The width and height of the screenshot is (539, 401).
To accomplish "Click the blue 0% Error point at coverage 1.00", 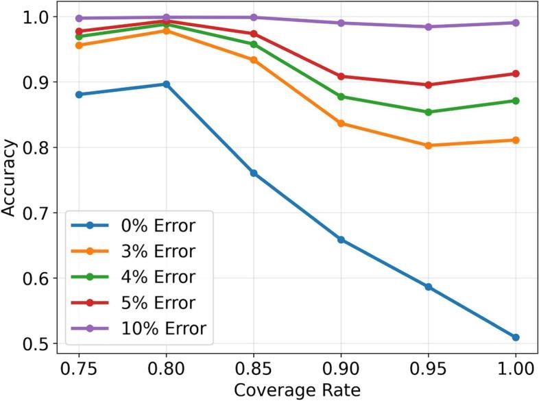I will pyautogui.click(x=515, y=337).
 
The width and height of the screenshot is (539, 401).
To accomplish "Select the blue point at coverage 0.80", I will pyautogui.click(x=167, y=84).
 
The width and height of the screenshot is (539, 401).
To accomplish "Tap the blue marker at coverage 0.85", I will pyautogui.click(x=254, y=173).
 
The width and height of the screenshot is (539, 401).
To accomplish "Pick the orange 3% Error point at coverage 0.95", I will pyautogui.click(x=428, y=145).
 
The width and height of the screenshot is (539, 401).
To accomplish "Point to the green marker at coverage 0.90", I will pyautogui.click(x=341, y=97).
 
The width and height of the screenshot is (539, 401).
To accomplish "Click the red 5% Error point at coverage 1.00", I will pyautogui.click(x=515, y=73).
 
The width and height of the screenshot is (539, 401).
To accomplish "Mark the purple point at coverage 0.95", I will pyautogui.click(x=428, y=27).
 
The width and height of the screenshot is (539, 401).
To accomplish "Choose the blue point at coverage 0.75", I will pyautogui.click(x=80, y=95).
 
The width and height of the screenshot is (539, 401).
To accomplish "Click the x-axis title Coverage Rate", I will pyautogui.click(x=297, y=390).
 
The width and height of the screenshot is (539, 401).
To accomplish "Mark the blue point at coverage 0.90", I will pyautogui.click(x=341, y=240).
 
